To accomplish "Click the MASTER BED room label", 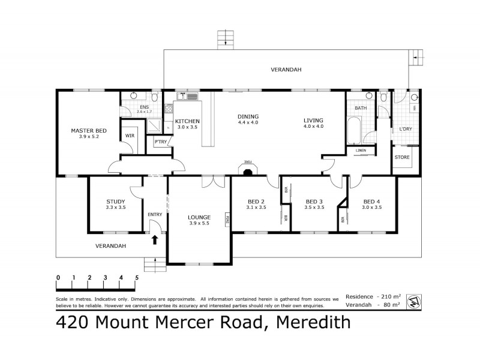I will point(89,130).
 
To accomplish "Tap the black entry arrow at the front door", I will point(154,240).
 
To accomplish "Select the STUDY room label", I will point(115,202).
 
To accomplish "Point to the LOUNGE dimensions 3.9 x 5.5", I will point(199,224).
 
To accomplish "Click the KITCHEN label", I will point(187,121).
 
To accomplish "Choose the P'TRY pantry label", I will point(160,142).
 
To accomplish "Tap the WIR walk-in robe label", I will point(130,136).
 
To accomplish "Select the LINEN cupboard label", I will point(361,150).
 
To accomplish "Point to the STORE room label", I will point(402,157).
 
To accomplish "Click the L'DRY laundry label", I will point(401,130).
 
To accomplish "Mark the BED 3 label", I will point(314,202).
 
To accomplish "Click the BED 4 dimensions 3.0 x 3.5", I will point(372,208).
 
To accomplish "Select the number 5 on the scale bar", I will point(137,277).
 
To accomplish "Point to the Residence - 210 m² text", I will point(378,297).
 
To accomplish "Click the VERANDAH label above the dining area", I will point(286,70).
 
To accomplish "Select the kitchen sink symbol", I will point(191,96).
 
